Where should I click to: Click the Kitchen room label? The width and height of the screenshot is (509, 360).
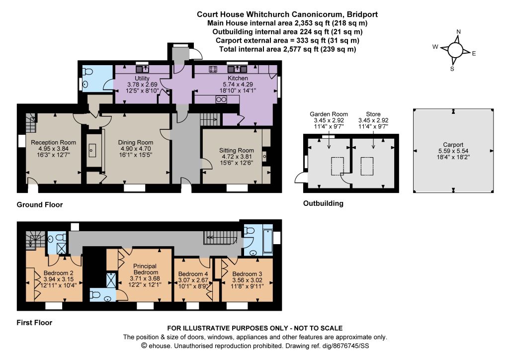(238, 78)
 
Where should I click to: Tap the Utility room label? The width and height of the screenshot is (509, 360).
(142, 78)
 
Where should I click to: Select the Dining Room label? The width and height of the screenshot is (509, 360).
(136, 142)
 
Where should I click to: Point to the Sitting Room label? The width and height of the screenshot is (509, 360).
(236, 150)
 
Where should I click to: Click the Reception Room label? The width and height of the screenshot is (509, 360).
(54, 142)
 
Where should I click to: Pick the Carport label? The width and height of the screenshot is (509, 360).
(453, 145)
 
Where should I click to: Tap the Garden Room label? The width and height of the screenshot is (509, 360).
(329, 114)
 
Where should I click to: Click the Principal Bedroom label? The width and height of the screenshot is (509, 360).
(145, 269)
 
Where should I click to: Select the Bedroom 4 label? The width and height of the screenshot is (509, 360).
(193, 274)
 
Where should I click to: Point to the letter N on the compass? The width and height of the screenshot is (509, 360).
(459, 32)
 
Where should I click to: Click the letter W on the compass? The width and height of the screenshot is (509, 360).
(435, 47)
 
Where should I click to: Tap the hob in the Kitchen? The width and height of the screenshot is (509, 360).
(213, 69)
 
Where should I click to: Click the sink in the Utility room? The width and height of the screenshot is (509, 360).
(142, 69)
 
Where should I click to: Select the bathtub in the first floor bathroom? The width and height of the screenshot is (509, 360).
(268, 241)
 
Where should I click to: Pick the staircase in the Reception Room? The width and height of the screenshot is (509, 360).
(31, 123)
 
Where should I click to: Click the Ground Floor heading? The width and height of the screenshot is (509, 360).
(40, 204)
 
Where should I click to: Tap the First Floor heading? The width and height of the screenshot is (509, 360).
(34, 323)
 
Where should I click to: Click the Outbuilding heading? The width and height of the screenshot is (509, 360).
(323, 203)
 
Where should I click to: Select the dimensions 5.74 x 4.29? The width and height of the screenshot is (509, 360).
(238, 85)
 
